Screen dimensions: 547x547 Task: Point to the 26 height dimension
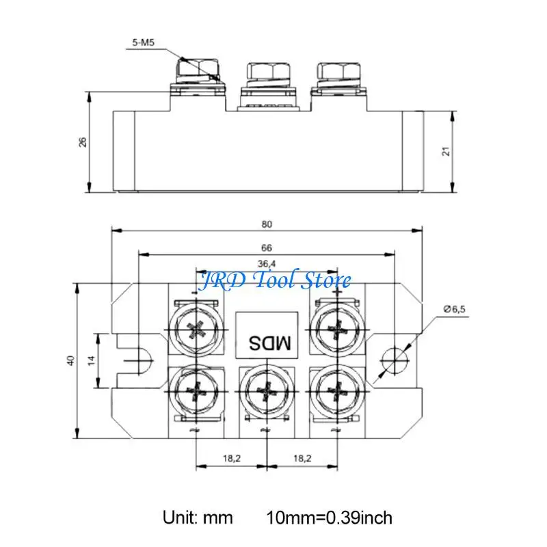(x=83, y=142)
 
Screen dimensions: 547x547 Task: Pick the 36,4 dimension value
(x=267, y=263)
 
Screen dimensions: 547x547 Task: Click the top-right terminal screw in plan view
(x=336, y=329)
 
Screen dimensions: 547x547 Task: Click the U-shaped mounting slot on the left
(x=137, y=360)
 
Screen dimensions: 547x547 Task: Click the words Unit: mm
(x=197, y=518)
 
